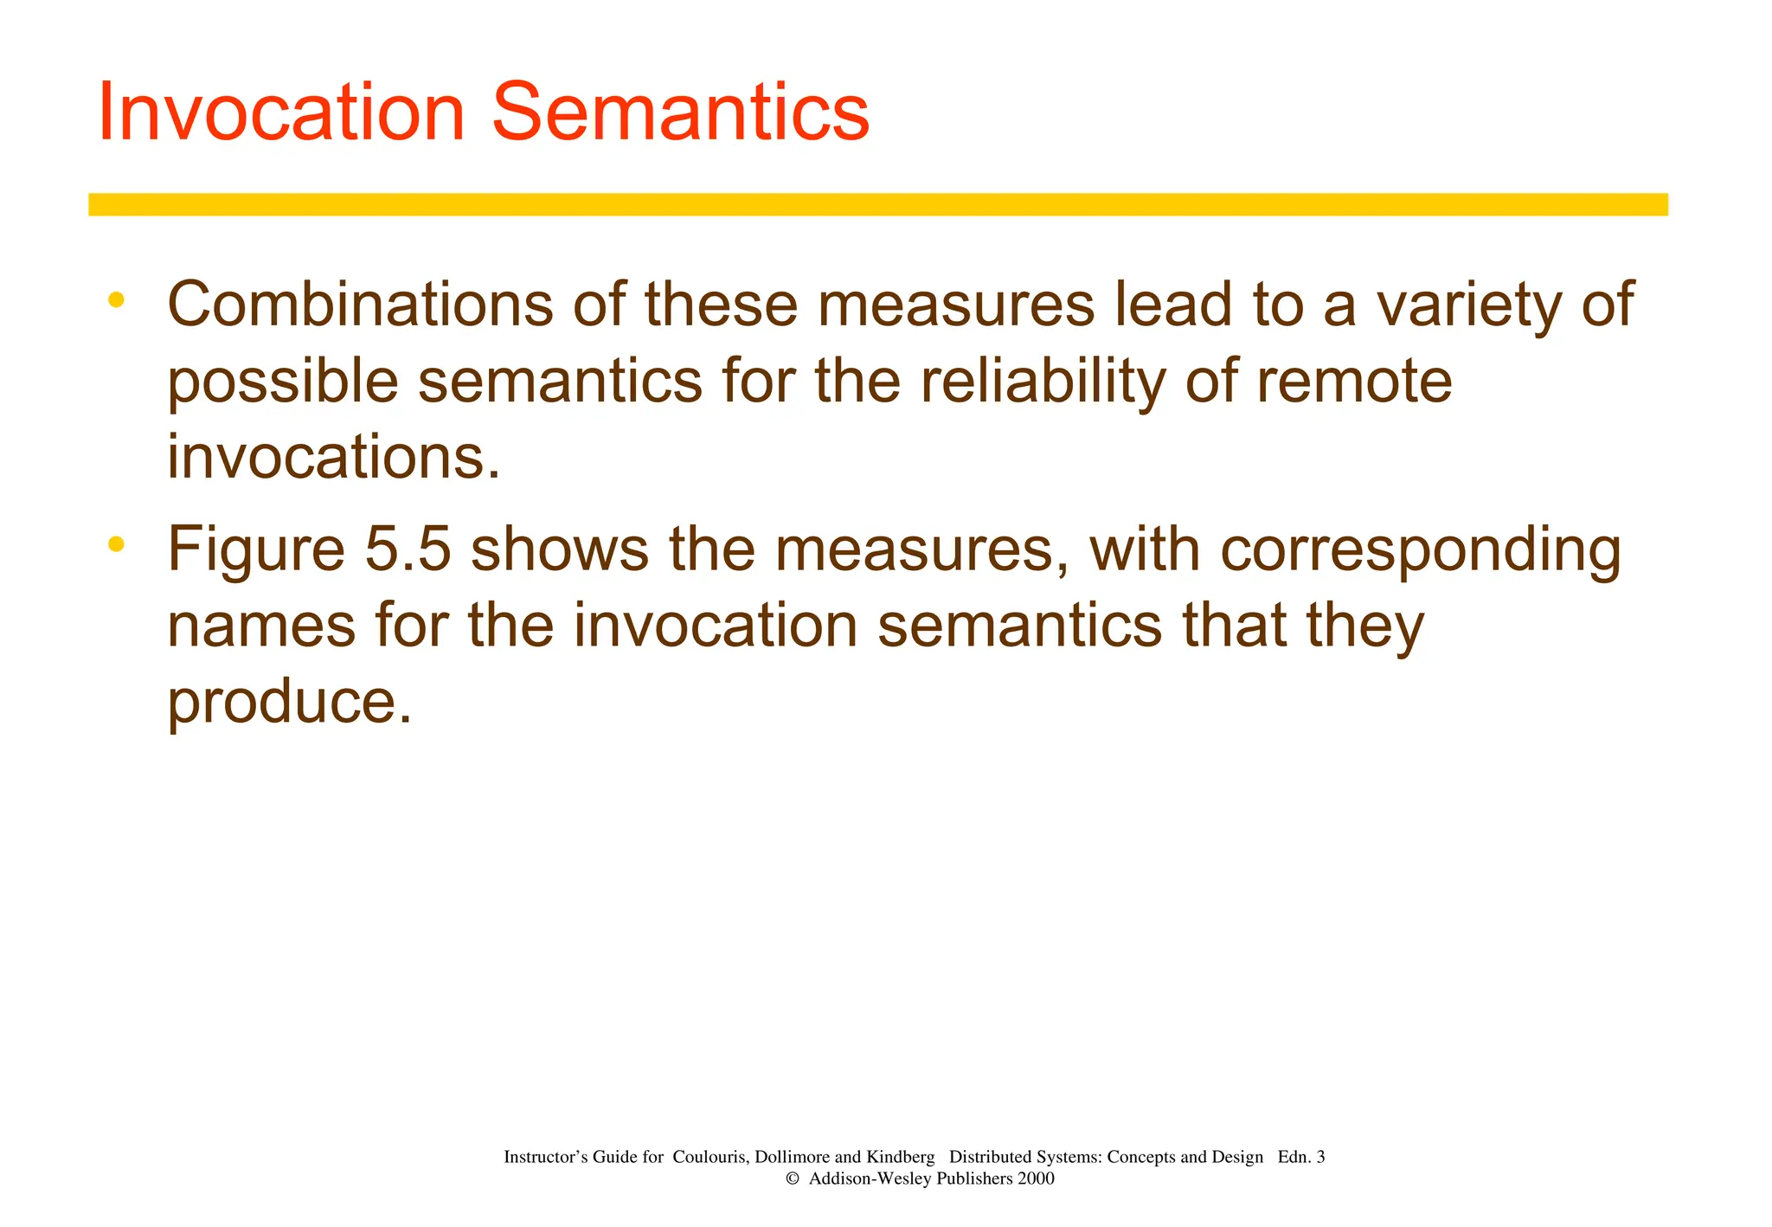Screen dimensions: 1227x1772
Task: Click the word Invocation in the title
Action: click(282, 112)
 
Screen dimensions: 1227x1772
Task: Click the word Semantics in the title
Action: click(680, 112)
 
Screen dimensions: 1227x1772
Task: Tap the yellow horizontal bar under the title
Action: click(877, 204)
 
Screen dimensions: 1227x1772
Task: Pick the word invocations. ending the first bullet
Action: click(334, 458)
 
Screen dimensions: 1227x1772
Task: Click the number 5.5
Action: click(408, 549)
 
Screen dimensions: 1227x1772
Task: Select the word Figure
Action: click(256, 551)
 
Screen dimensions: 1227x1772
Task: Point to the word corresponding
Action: click(1421, 551)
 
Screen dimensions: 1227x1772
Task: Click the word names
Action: click(260, 626)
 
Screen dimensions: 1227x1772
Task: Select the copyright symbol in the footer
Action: click(792, 1179)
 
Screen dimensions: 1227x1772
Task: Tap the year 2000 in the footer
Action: click(1036, 1179)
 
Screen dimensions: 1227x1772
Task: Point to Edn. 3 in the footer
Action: click(1300, 1157)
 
